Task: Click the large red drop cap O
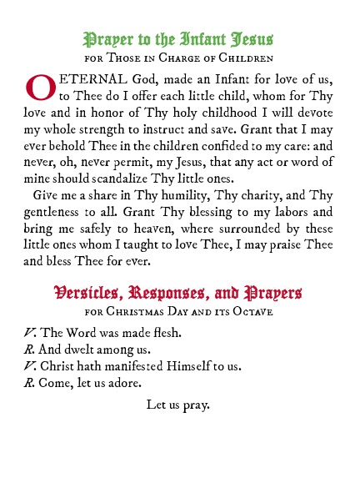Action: (x=40, y=87)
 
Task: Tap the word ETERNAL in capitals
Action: (x=86, y=79)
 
